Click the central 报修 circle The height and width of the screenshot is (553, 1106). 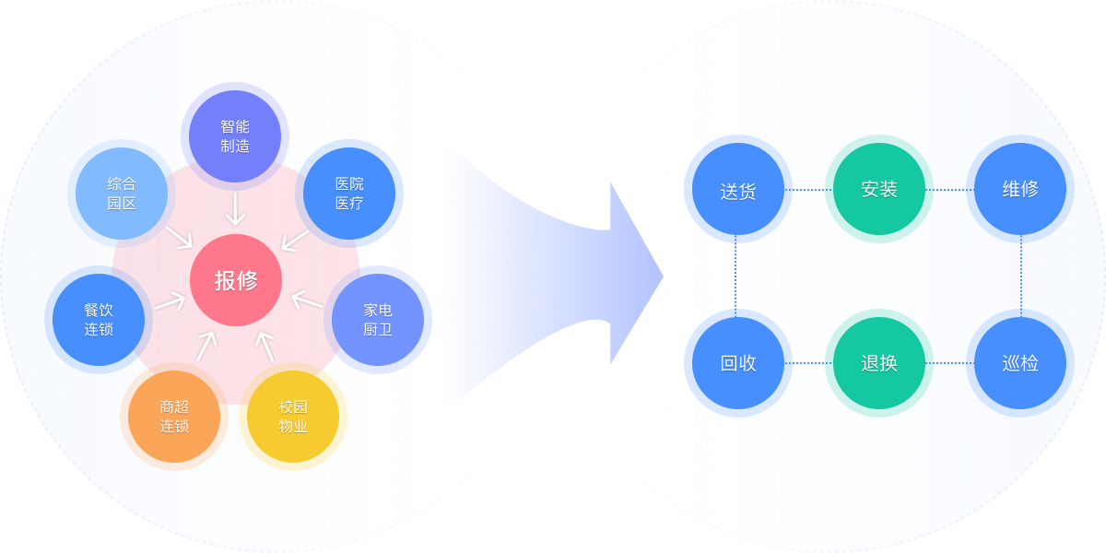click(236, 280)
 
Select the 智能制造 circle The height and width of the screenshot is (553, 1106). click(235, 136)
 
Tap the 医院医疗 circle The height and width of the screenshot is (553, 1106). click(349, 194)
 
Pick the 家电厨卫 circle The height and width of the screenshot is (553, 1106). click(377, 320)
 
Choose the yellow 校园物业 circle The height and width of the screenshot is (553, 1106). click(293, 417)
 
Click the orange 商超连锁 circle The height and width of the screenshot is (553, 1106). click(174, 417)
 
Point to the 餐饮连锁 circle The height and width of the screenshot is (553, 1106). click(99, 320)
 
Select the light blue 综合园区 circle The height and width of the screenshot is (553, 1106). click(122, 194)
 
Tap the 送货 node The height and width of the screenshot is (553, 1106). click(737, 190)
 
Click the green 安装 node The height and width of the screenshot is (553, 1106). click(879, 190)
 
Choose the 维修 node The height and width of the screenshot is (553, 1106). click(1020, 190)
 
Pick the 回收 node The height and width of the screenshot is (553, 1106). click(737, 363)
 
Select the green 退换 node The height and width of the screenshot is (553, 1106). click(879, 363)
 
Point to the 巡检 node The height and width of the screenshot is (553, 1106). click(1020, 363)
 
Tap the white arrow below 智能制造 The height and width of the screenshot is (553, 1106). click(236, 208)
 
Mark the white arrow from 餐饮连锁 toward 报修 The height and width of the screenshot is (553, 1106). click(170, 302)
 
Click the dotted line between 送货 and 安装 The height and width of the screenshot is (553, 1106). click(808, 190)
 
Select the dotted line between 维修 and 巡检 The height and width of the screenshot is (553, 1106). click(1020, 276)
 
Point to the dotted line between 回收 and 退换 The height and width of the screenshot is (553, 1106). click(808, 363)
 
